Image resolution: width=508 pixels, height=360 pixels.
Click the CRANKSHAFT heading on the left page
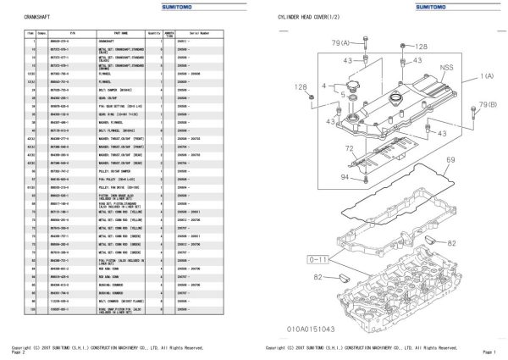25,17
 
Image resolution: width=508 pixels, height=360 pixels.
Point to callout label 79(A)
340,42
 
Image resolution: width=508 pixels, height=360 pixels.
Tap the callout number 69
450,159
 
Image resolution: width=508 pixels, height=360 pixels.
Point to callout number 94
322,176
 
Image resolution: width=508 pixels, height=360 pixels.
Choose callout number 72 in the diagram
326,148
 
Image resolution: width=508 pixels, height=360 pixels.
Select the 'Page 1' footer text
489,352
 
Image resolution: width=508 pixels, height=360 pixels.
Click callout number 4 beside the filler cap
323,86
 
